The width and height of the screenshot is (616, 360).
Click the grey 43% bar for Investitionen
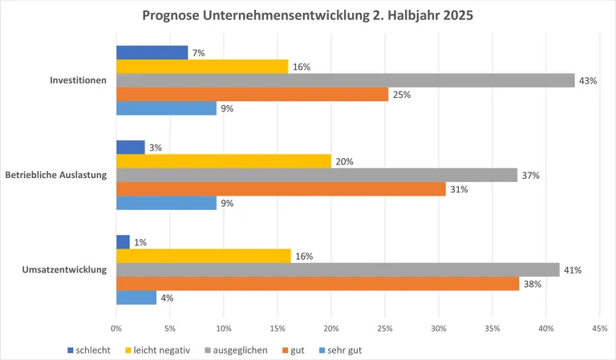point(345,80)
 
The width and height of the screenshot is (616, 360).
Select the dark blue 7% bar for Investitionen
point(152,52)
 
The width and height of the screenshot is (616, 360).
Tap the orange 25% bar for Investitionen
point(252,95)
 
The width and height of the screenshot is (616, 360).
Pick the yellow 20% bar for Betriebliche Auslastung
point(224,161)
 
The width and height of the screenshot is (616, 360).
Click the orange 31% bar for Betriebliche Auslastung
point(281,189)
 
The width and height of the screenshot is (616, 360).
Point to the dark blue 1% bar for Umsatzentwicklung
point(123,242)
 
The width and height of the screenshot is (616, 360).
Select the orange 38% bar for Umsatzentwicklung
point(318,284)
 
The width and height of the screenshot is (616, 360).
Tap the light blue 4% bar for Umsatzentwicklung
point(136,297)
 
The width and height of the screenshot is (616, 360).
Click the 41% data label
point(572,270)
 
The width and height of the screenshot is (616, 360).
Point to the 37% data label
point(529,176)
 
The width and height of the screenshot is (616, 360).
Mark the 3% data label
point(156,148)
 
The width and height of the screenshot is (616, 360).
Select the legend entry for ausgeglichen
point(234,350)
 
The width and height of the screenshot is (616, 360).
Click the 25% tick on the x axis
point(385,329)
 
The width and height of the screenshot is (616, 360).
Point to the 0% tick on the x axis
point(116,329)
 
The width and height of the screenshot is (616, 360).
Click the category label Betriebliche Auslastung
point(56,176)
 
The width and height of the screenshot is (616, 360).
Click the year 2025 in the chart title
point(456,15)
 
